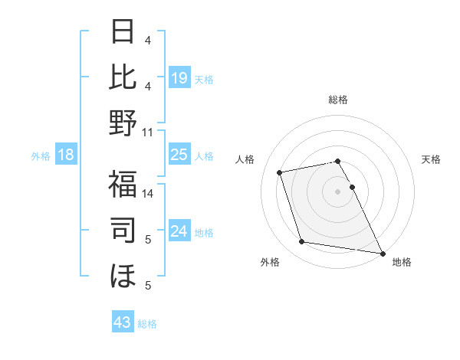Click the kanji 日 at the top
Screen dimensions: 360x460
(123, 32)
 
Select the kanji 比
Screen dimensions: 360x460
(123, 77)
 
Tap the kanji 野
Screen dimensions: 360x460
(123, 123)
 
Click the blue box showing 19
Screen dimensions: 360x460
(179, 77)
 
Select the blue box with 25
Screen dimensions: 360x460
(179, 155)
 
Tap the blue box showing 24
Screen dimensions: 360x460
(179, 231)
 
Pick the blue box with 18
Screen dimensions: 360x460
(66, 155)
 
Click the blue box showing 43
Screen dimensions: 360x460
(123, 322)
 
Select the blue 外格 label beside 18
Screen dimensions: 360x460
(41, 156)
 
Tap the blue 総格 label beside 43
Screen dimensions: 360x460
(147, 324)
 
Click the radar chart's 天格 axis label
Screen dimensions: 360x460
(431, 159)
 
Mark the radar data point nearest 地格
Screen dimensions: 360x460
(382, 253)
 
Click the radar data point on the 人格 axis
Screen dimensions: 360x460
(280, 172)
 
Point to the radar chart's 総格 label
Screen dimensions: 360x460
(338, 100)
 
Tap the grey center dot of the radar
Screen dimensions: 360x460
(338, 191)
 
